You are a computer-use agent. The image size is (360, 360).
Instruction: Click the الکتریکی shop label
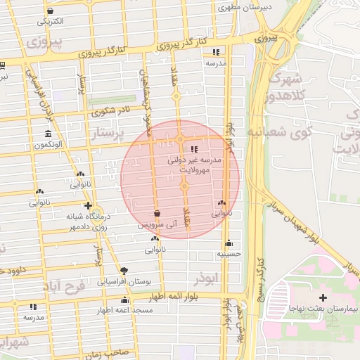(x=51, y=22)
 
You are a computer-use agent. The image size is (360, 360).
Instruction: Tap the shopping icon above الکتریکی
(x=50, y=11)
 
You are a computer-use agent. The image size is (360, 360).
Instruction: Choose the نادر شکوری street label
(x=112, y=111)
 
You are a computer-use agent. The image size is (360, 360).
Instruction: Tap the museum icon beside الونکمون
(x=48, y=134)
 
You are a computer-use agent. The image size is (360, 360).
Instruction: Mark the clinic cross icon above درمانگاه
(x=88, y=206)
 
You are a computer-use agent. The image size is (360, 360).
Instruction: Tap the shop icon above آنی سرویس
(x=156, y=214)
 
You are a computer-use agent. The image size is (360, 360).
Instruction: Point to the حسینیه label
(x=229, y=253)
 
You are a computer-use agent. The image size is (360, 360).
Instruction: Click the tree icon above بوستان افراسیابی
(x=124, y=270)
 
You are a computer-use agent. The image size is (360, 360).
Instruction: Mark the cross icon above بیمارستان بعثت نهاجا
(x=322, y=297)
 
